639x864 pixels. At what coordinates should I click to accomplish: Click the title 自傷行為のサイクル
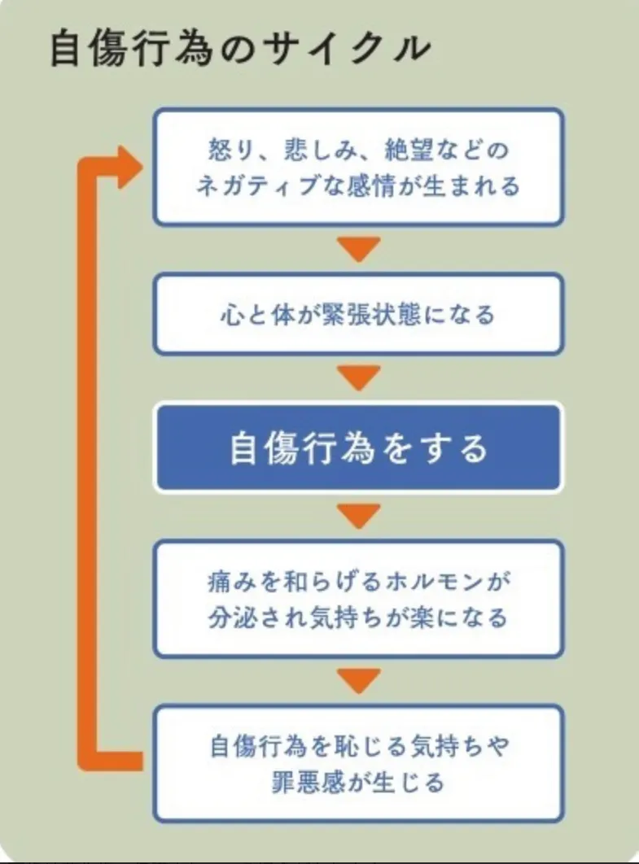240,50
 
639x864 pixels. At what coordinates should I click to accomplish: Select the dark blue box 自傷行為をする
358,448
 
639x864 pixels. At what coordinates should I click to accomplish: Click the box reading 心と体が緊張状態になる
358,314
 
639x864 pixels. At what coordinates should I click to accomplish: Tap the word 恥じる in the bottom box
367,746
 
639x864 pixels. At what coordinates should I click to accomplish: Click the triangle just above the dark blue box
359,377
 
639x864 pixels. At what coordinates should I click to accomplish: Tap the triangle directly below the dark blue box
359,514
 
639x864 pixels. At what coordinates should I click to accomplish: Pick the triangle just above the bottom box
359,679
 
